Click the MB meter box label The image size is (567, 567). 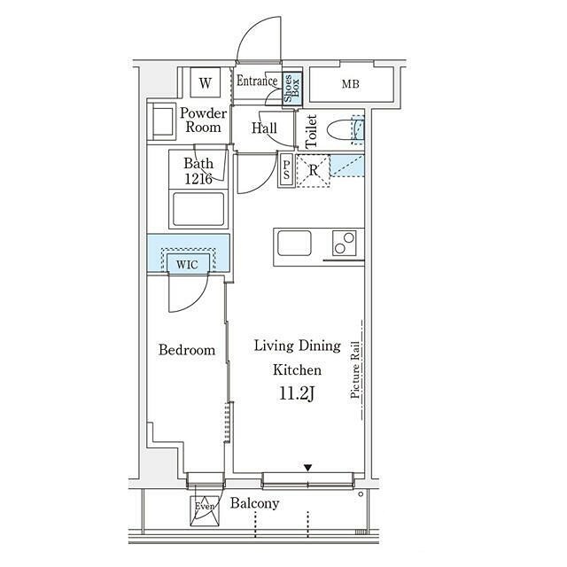pos(351,84)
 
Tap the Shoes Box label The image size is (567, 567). pos(291,89)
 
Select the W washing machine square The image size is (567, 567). pos(205,82)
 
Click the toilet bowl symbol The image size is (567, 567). pos(341,130)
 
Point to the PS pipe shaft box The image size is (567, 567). pos(286,169)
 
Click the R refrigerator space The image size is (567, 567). pos(313,171)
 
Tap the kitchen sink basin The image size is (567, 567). pos(294,243)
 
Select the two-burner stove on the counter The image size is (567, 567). pos(345,243)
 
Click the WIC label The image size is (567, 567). pos(187,265)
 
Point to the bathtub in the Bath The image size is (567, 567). pos(198,209)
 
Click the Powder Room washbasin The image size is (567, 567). pos(162,121)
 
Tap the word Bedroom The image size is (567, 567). pos(187,350)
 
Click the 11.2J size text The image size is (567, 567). pos(297,393)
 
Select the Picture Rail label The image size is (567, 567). pos(355,370)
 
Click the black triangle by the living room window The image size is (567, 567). pos(307,468)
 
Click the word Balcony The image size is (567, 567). pos(255,503)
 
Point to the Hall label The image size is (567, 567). pos(264,128)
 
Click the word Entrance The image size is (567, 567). pos(257,81)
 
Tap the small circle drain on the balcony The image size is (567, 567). pos(361,494)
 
